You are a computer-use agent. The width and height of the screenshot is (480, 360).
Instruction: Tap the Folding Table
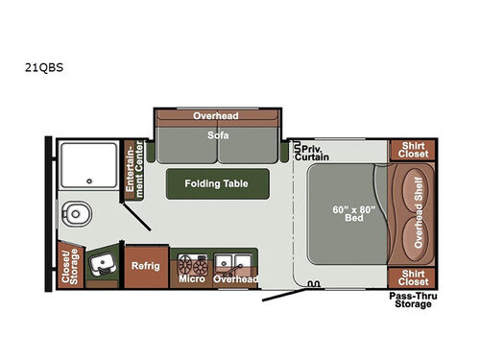217,183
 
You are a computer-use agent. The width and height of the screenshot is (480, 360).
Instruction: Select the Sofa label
216,135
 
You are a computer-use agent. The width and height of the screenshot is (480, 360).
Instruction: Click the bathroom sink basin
100,262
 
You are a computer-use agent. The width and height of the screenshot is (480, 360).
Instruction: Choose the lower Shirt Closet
411,278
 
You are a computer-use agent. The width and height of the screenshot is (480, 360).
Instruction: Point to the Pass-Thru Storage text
410,300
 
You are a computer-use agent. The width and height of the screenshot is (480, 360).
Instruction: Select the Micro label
191,279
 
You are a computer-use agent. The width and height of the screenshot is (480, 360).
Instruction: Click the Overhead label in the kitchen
235,279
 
